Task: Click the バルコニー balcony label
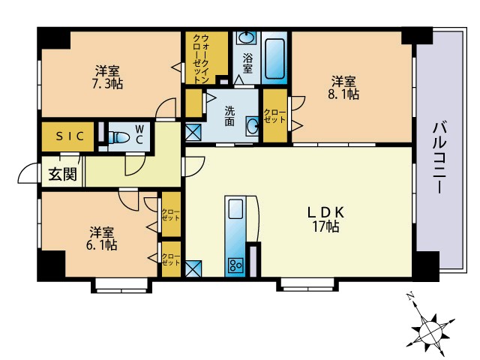tap(439, 158)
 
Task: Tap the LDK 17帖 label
tap(325, 220)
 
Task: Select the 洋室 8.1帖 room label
tap(343, 88)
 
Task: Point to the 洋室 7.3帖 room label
tap(107, 77)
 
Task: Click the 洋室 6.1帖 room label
tap(102, 238)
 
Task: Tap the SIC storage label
tap(70, 136)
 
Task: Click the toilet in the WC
tap(118, 136)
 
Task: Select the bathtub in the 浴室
tap(274, 58)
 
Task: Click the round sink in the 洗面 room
tap(252, 125)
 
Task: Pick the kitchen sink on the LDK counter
tap(235, 208)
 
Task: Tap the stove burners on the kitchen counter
tap(235, 265)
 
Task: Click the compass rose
tap(431, 329)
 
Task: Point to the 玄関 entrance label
tap(62, 174)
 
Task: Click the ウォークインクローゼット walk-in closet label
tap(201, 58)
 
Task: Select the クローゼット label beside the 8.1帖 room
tap(274, 115)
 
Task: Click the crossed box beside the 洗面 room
tap(193, 132)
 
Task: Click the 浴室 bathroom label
tap(247, 64)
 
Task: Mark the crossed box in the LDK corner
tap(193, 268)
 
